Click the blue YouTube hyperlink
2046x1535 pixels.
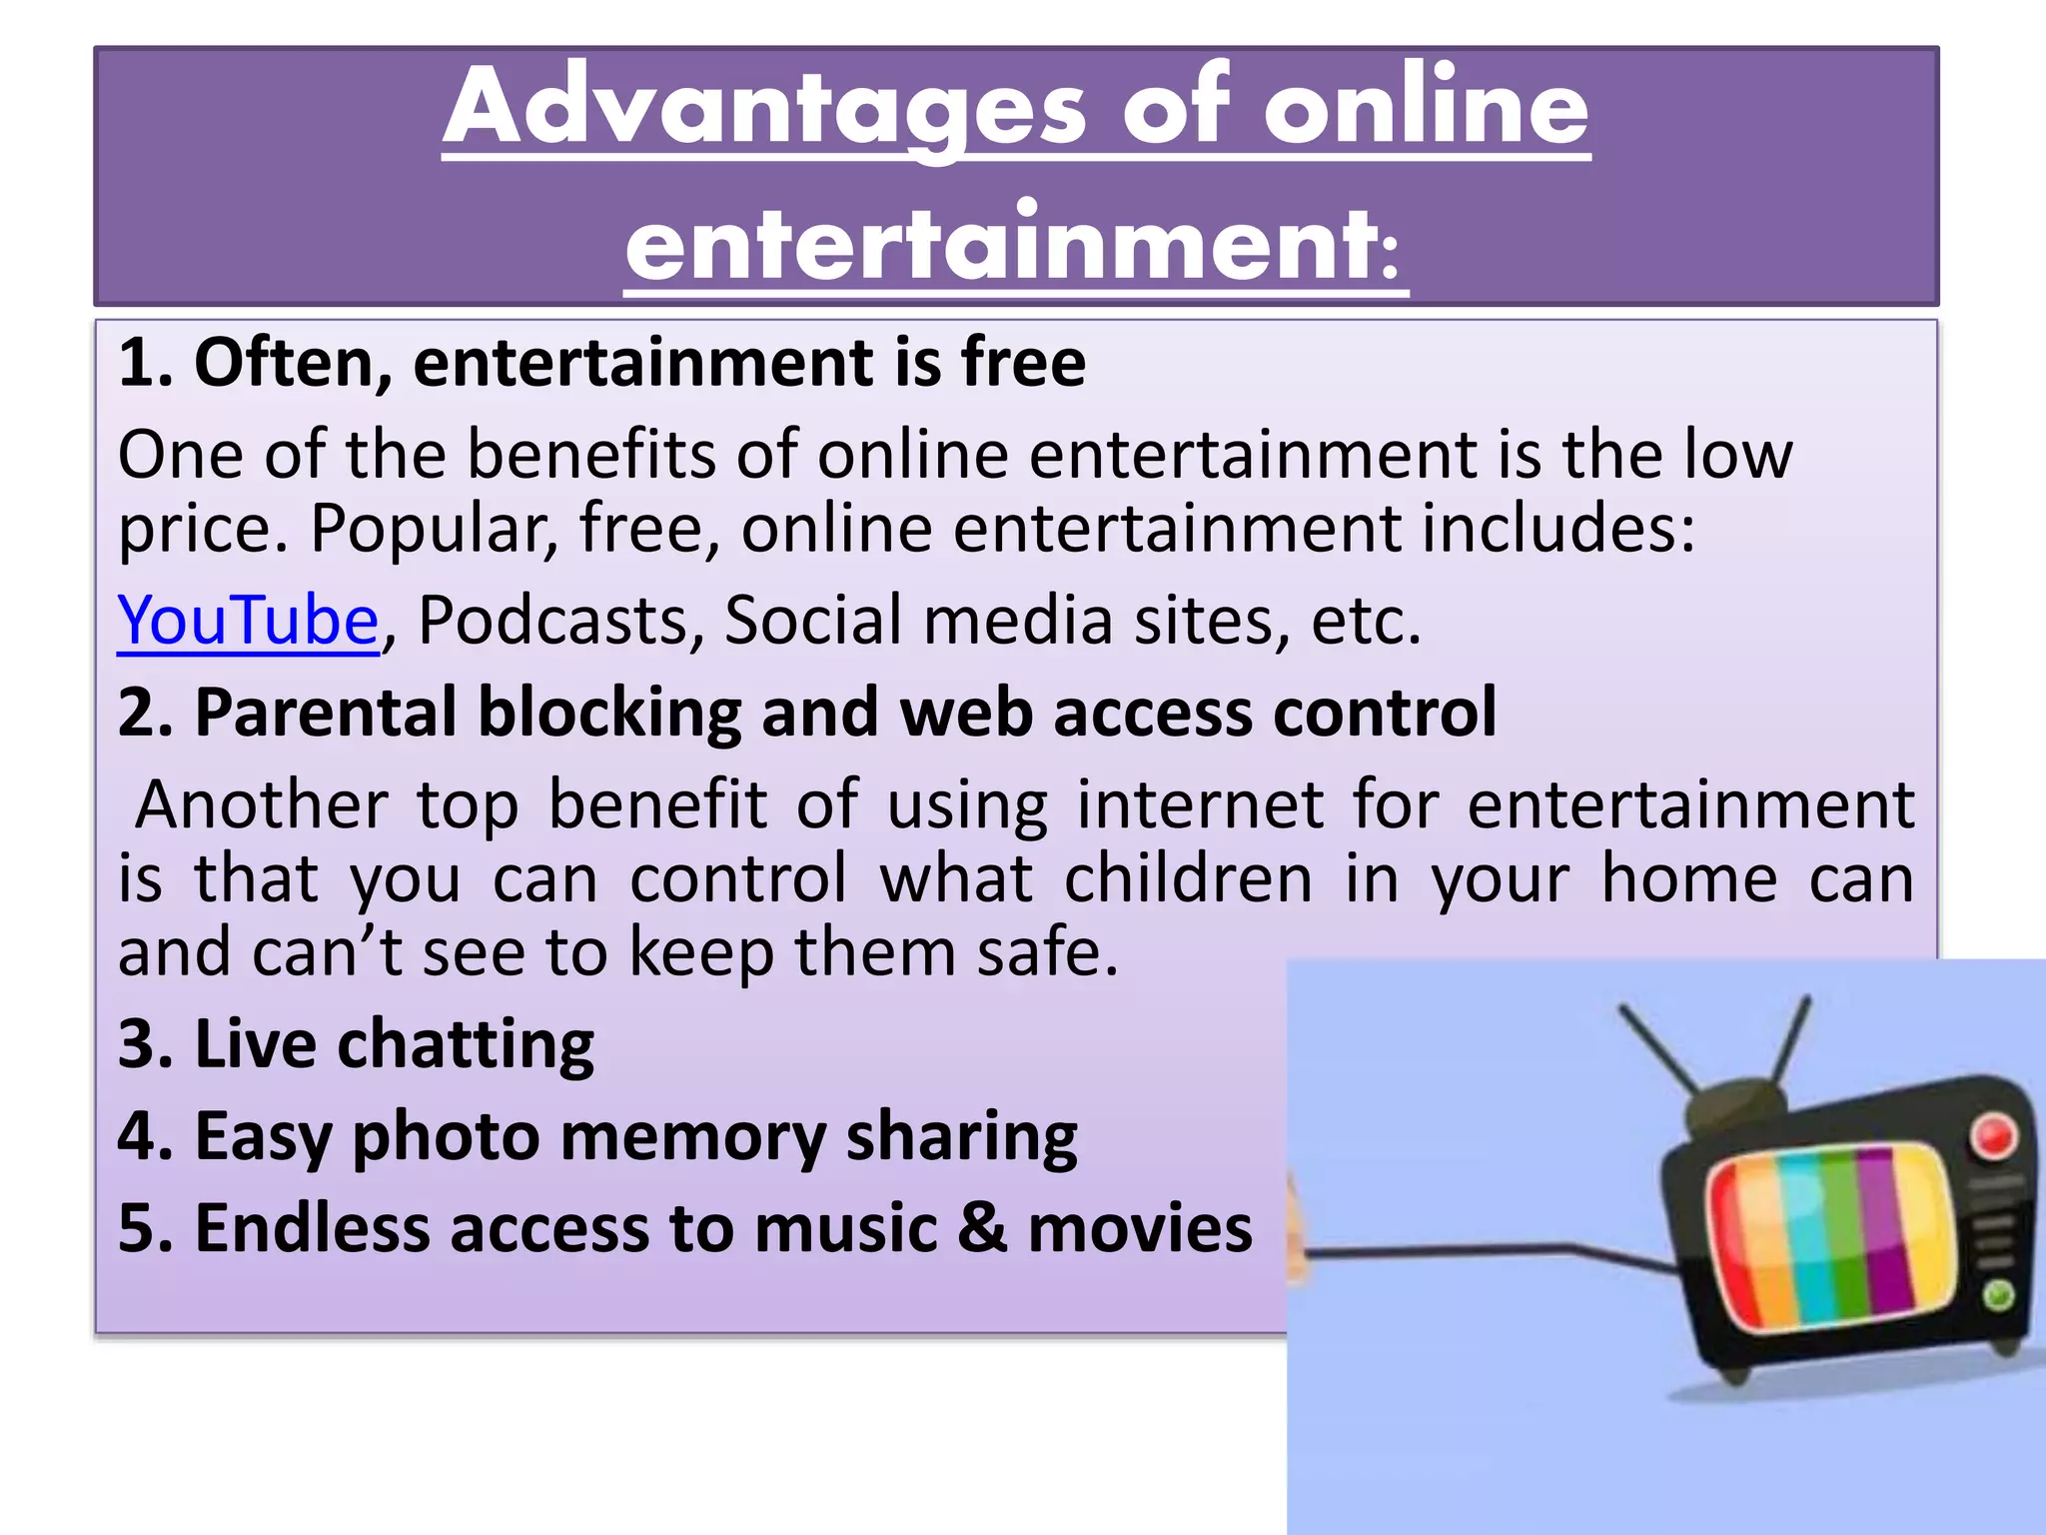click(247, 621)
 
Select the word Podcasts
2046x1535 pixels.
click(553, 621)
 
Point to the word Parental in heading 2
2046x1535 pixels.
click(326, 713)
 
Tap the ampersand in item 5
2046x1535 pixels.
click(983, 1228)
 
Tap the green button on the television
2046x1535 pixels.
click(1997, 1296)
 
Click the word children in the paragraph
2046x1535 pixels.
click(1188, 879)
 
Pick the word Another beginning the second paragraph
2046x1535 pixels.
click(262, 804)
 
